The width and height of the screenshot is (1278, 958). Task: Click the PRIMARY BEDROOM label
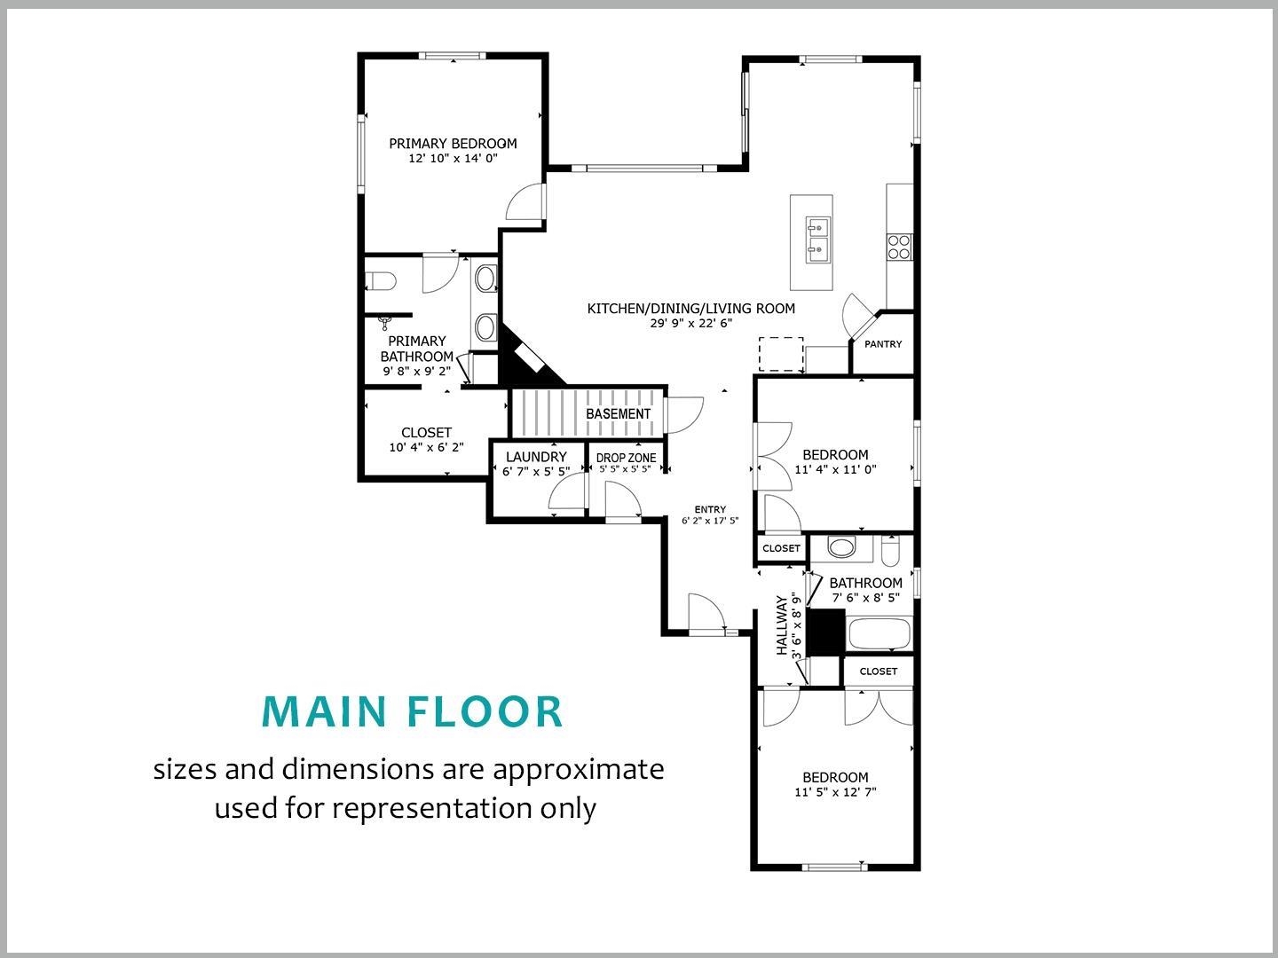[x=453, y=144]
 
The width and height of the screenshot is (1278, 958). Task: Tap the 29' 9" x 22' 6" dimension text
[x=690, y=324]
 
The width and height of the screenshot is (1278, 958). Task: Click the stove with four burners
[x=899, y=246]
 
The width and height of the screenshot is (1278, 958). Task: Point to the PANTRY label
[x=883, y=344]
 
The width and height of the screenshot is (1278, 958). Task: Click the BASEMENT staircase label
[x=618, y=414]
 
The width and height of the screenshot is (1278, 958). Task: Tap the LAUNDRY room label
[x=536, y=457]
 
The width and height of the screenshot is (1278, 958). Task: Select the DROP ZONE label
[x=626, y=458]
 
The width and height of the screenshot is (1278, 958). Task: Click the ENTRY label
[x=710, y=509]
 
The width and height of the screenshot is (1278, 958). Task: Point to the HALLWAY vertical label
[x=782, y=624]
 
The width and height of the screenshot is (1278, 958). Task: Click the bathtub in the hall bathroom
[x=880, y=634]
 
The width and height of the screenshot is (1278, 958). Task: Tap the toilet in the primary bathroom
[x=381, y=282]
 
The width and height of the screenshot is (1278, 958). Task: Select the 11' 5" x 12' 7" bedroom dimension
[x=835, y=792]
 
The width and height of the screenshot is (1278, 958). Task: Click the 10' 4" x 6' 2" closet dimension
[x=426, y=448]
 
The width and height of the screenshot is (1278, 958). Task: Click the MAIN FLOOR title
[x=413, y=711]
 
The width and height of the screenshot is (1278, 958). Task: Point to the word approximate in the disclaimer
[x=578, y=768]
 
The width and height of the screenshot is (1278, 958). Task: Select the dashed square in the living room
[x=781, y=354]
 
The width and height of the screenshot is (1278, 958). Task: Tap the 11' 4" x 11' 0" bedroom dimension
[x=835, y=470]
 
